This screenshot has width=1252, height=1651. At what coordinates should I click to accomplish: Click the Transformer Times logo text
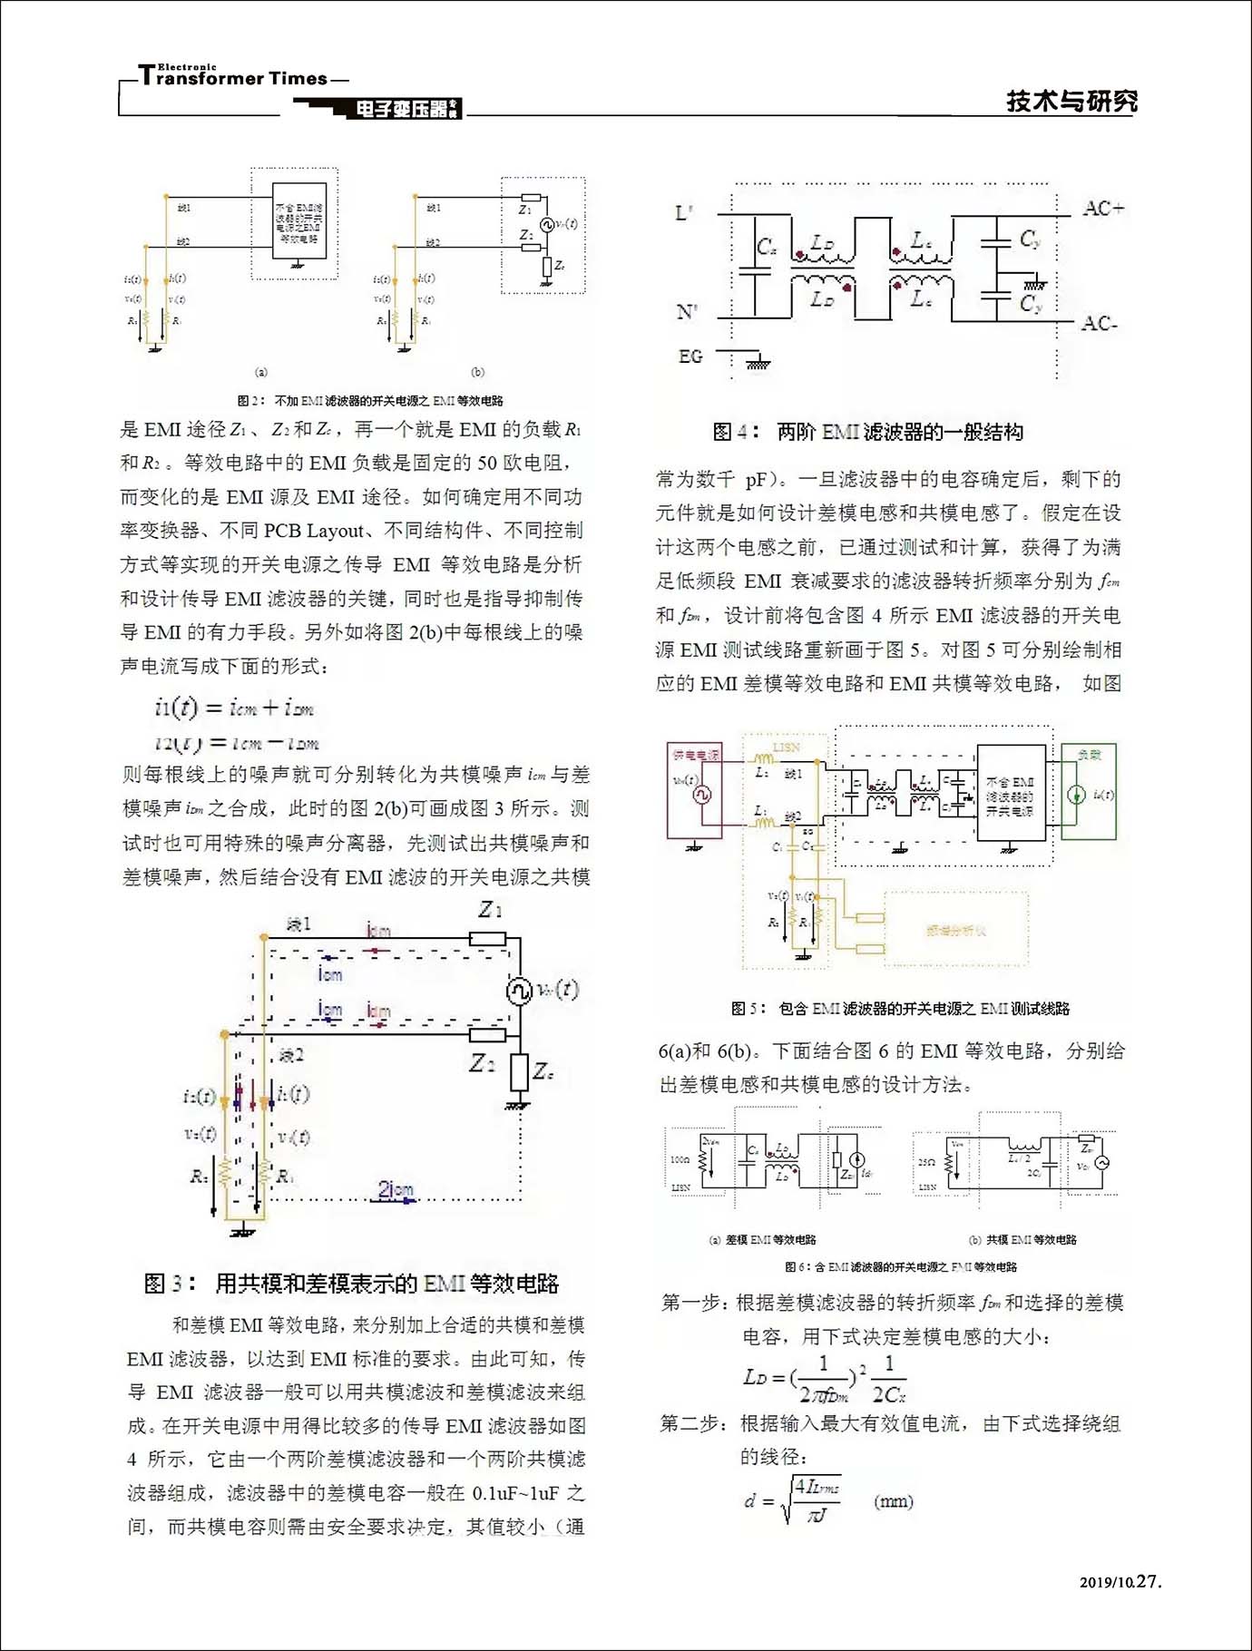(234, 77)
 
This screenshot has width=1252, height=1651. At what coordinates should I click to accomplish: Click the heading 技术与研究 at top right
(1071, 101)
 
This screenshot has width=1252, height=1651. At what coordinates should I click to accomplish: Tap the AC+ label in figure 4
(1103, 209)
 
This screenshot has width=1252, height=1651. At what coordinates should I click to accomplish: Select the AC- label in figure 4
(1100, 324)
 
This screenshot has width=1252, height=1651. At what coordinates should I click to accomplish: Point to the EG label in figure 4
(690, 357)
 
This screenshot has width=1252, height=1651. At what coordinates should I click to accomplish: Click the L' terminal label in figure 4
(684, 214)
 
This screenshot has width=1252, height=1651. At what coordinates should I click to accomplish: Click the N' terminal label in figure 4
(687, 312)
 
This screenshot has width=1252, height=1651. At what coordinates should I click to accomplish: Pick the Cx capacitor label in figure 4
(767, 247)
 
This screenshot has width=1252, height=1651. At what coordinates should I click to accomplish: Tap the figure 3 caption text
(351, 1284)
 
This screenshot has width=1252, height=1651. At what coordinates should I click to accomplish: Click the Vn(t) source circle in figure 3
(519, 990)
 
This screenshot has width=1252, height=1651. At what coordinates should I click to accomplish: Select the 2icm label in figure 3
(396, 1189)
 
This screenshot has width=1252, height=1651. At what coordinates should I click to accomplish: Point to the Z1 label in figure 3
(491, 908)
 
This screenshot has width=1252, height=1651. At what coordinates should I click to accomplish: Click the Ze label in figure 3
(543, 1071)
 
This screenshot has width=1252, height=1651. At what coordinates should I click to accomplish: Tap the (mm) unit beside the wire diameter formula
(893, 1501)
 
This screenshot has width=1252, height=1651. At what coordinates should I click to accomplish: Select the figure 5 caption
(900, 1008)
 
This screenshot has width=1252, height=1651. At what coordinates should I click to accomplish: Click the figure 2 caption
(370, 400)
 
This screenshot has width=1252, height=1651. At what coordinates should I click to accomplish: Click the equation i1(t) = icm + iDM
(234, 708)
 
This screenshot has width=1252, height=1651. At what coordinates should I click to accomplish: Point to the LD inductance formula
(824, 1379)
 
